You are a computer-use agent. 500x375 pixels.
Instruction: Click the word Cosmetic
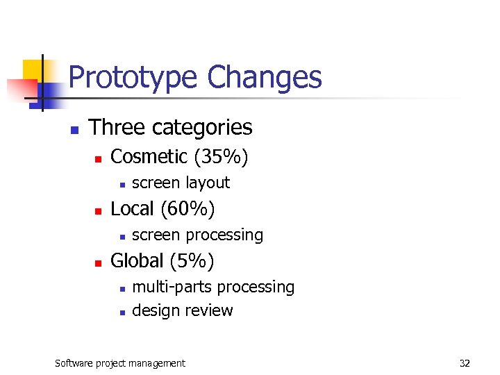pos(149,157)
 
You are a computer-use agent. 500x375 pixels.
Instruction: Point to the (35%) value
pos(221,157)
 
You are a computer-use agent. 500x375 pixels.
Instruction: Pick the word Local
pos(133,208)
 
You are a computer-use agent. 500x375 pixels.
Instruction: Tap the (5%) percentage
pos(191,261)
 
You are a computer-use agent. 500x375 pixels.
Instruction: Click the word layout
pos(207,183)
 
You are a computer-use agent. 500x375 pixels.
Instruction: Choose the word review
pos(209,310)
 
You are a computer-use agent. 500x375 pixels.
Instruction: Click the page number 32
pos(465,362)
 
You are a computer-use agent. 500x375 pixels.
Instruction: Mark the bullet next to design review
pos(122,312)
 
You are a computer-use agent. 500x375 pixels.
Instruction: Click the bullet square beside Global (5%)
pos(98,263)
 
